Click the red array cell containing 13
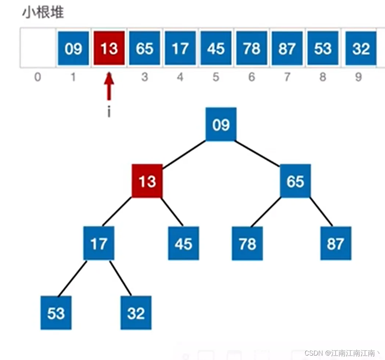(109, 48)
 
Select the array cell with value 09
(73, 48)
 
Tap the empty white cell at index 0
(38, 48)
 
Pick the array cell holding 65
(144, 48)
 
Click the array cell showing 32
(360, 48)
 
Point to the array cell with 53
(323, 48)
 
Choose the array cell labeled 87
(287, 48)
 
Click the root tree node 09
(221, 124)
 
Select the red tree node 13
(147, 181)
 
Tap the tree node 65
(295, 181)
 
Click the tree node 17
(98, 243)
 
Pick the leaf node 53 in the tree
(56, 313)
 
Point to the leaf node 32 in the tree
(136, 313)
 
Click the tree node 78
(247, 243)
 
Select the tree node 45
(183, 243)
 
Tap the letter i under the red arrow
(109, 112)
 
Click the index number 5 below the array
(216, 77)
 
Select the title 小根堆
(43, 13)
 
